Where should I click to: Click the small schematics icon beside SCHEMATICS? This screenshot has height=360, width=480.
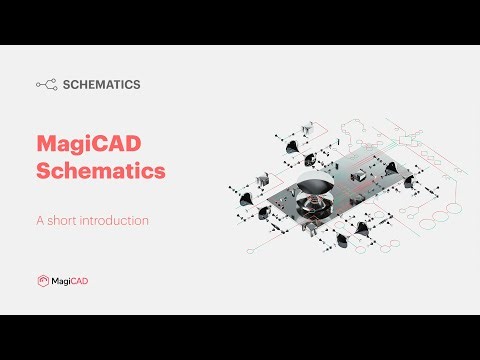click(46, 85)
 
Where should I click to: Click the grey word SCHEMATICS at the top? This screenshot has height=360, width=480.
click(101, 85)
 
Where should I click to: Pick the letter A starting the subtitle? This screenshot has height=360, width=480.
click(40, 220)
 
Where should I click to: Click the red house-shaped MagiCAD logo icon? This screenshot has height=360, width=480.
click(43, 281)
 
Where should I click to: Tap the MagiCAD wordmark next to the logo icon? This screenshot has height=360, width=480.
click(70, 281)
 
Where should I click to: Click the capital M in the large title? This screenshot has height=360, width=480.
click(47, 144)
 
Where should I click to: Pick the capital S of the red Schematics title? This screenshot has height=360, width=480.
click(43, 171)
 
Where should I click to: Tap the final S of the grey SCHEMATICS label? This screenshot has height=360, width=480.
click(136, 85)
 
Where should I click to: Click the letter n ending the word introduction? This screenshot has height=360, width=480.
click(146, 220)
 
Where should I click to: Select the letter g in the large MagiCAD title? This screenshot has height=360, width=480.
click(88, 146)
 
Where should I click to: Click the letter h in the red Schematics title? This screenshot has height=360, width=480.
click(72, 171)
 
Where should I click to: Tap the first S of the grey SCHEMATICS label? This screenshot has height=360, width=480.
click(66, 85)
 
